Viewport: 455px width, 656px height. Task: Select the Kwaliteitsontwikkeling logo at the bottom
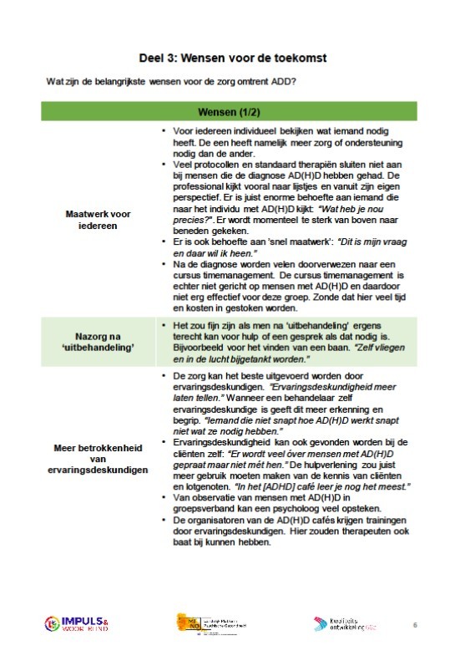point(350,624)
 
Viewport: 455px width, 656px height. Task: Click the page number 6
point(417,624)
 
